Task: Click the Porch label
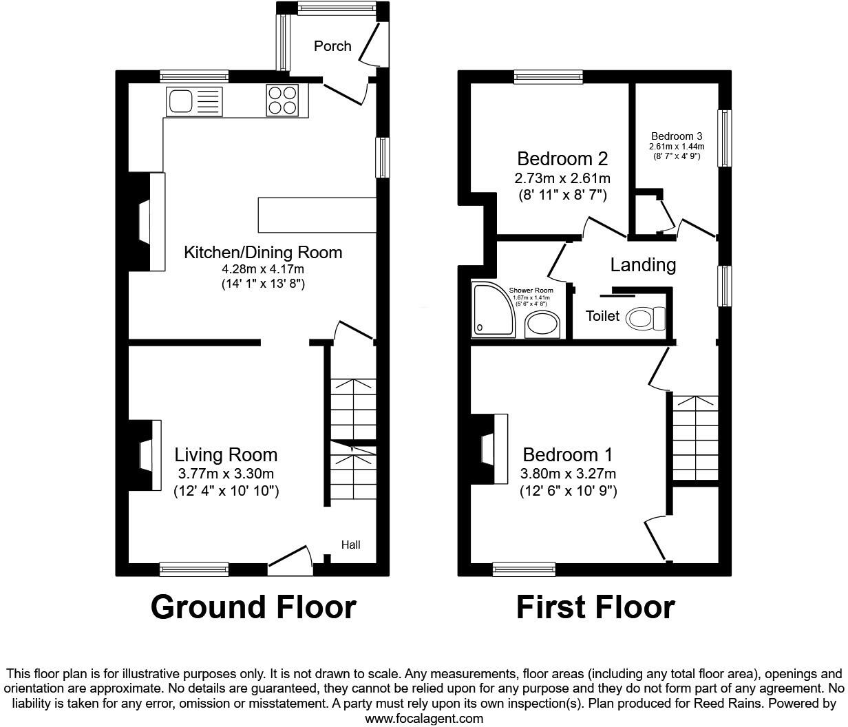(x=332, y=46)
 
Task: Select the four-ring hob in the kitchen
(x=282, y=101)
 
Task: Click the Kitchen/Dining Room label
(x=262, y=252)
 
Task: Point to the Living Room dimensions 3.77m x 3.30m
(x=226, y=474)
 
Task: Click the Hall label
(x=350, y=545)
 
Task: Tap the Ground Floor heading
(x=253, y=607)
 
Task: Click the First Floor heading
(x=595, y=607)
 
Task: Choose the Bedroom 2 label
(x=562, y=159)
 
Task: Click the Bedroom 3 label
(x=677, y=136)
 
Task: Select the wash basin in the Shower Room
(x=544, y=325)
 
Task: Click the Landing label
(x=643, y=264)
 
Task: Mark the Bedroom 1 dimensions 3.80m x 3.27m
(x=569, y=474)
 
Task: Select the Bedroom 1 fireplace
(x=490, y=450)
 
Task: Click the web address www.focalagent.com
(x=423, y=719)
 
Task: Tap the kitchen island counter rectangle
(x=317, y=215)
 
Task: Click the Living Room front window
(x=193, y=569)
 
